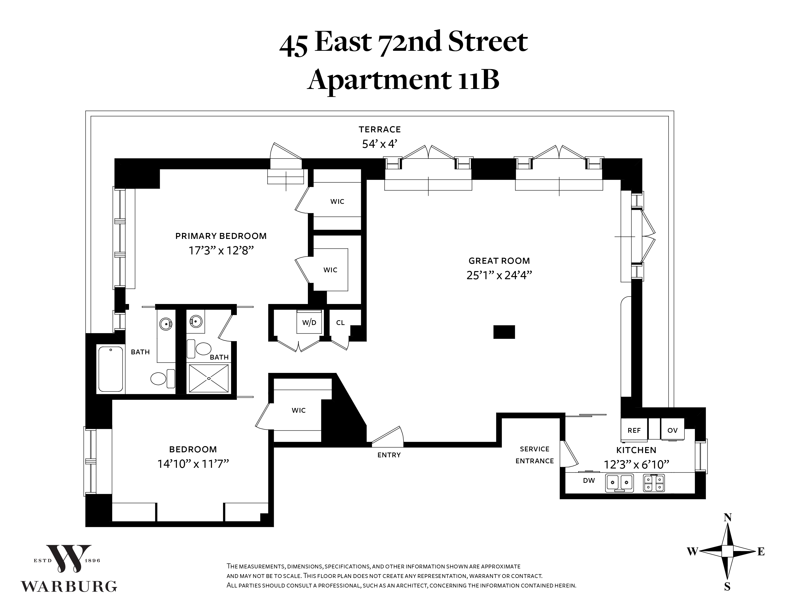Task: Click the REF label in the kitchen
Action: [634, 430]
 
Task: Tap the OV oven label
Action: [673, 430]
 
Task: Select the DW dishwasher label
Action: [589, 480]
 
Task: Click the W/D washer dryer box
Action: [309, 321]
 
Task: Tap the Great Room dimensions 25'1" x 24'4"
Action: [499, 275]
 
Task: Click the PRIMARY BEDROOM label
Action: [221, 236]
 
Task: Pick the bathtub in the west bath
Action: [111, 369]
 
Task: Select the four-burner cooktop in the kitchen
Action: [654, 483]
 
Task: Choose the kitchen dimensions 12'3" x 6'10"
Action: [636, 465]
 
